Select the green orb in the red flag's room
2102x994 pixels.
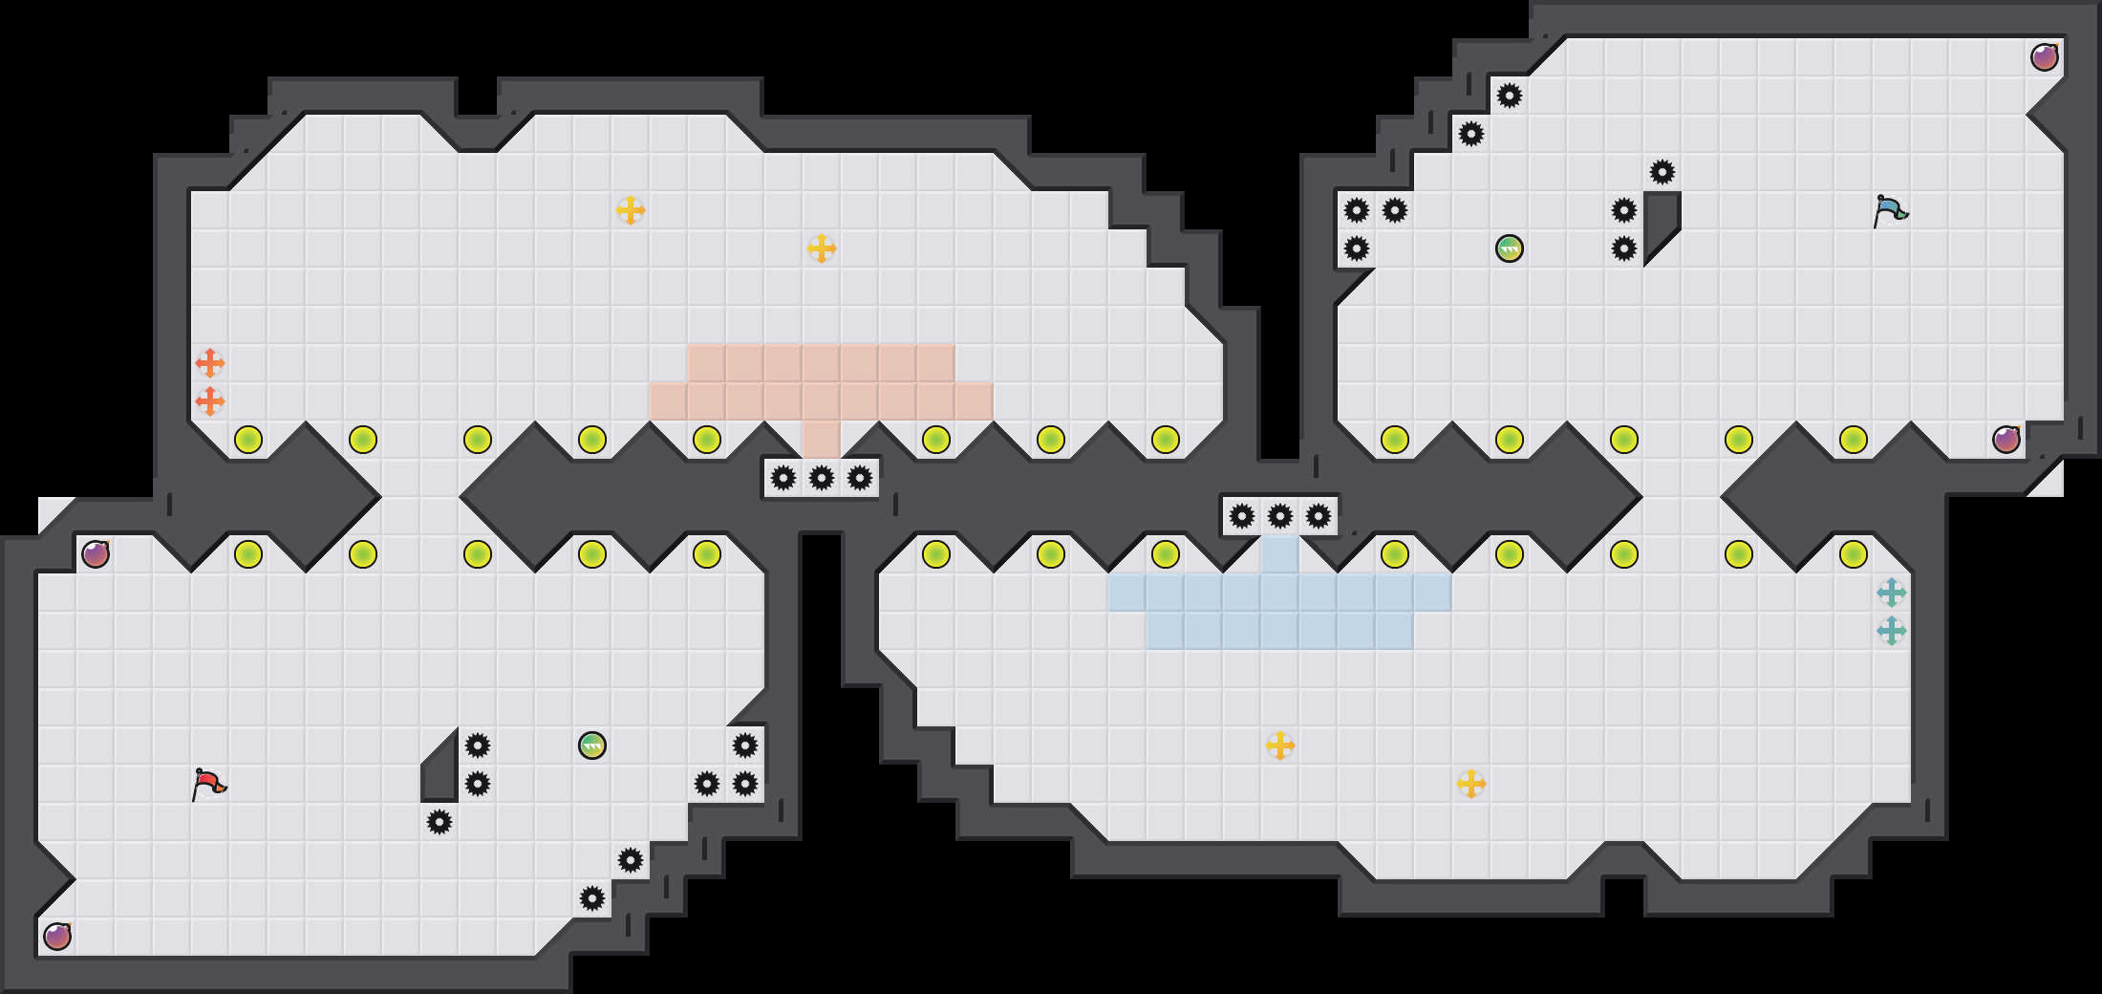tap(592, 745)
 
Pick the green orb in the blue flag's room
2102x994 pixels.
tap(1510, 248)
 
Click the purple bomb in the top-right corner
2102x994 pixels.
tap(2045, 57)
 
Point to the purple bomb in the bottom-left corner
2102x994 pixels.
tap(57, 937)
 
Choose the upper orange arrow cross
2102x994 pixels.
tap(210, 363)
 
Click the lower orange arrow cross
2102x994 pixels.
tap(210, 401)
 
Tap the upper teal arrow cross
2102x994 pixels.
tap(1892, 593)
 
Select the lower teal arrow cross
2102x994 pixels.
tap(1892, 631)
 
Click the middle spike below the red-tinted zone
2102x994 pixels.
tap(822, 478)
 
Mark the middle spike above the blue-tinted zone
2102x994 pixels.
tap(1280, 517)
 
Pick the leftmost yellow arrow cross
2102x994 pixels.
tap(631, 210)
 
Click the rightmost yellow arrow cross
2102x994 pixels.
tap(1471, 784)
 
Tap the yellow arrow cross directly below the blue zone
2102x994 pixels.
tap(1280, 745)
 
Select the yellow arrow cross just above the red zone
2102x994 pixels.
tap(822, 248)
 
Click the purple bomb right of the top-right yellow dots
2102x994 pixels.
tap(2006, 440)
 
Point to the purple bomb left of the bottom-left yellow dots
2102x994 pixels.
tap(96, 554)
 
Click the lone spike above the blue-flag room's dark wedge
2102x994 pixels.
tap(1662, 172)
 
